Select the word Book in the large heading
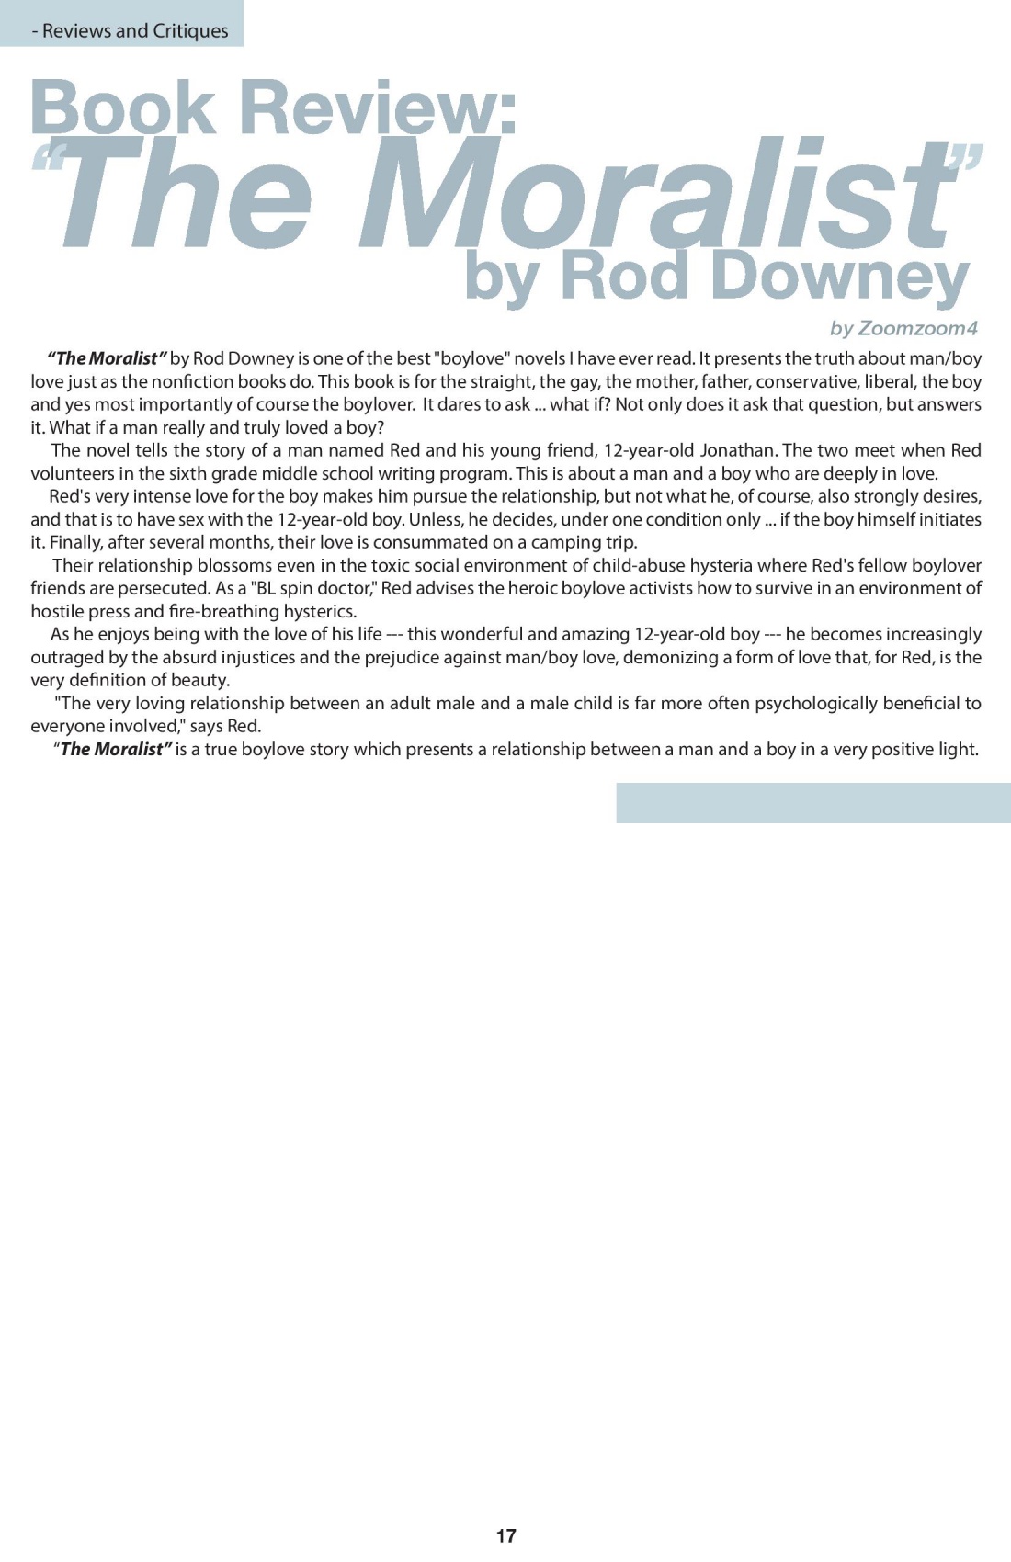click(x=122, y=108)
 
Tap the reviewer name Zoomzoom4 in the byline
click(x=917, y=328)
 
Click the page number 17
click(x=505, y=1535)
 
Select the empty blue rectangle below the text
click(x=812, y=802)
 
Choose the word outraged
click(x=70, y=657)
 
